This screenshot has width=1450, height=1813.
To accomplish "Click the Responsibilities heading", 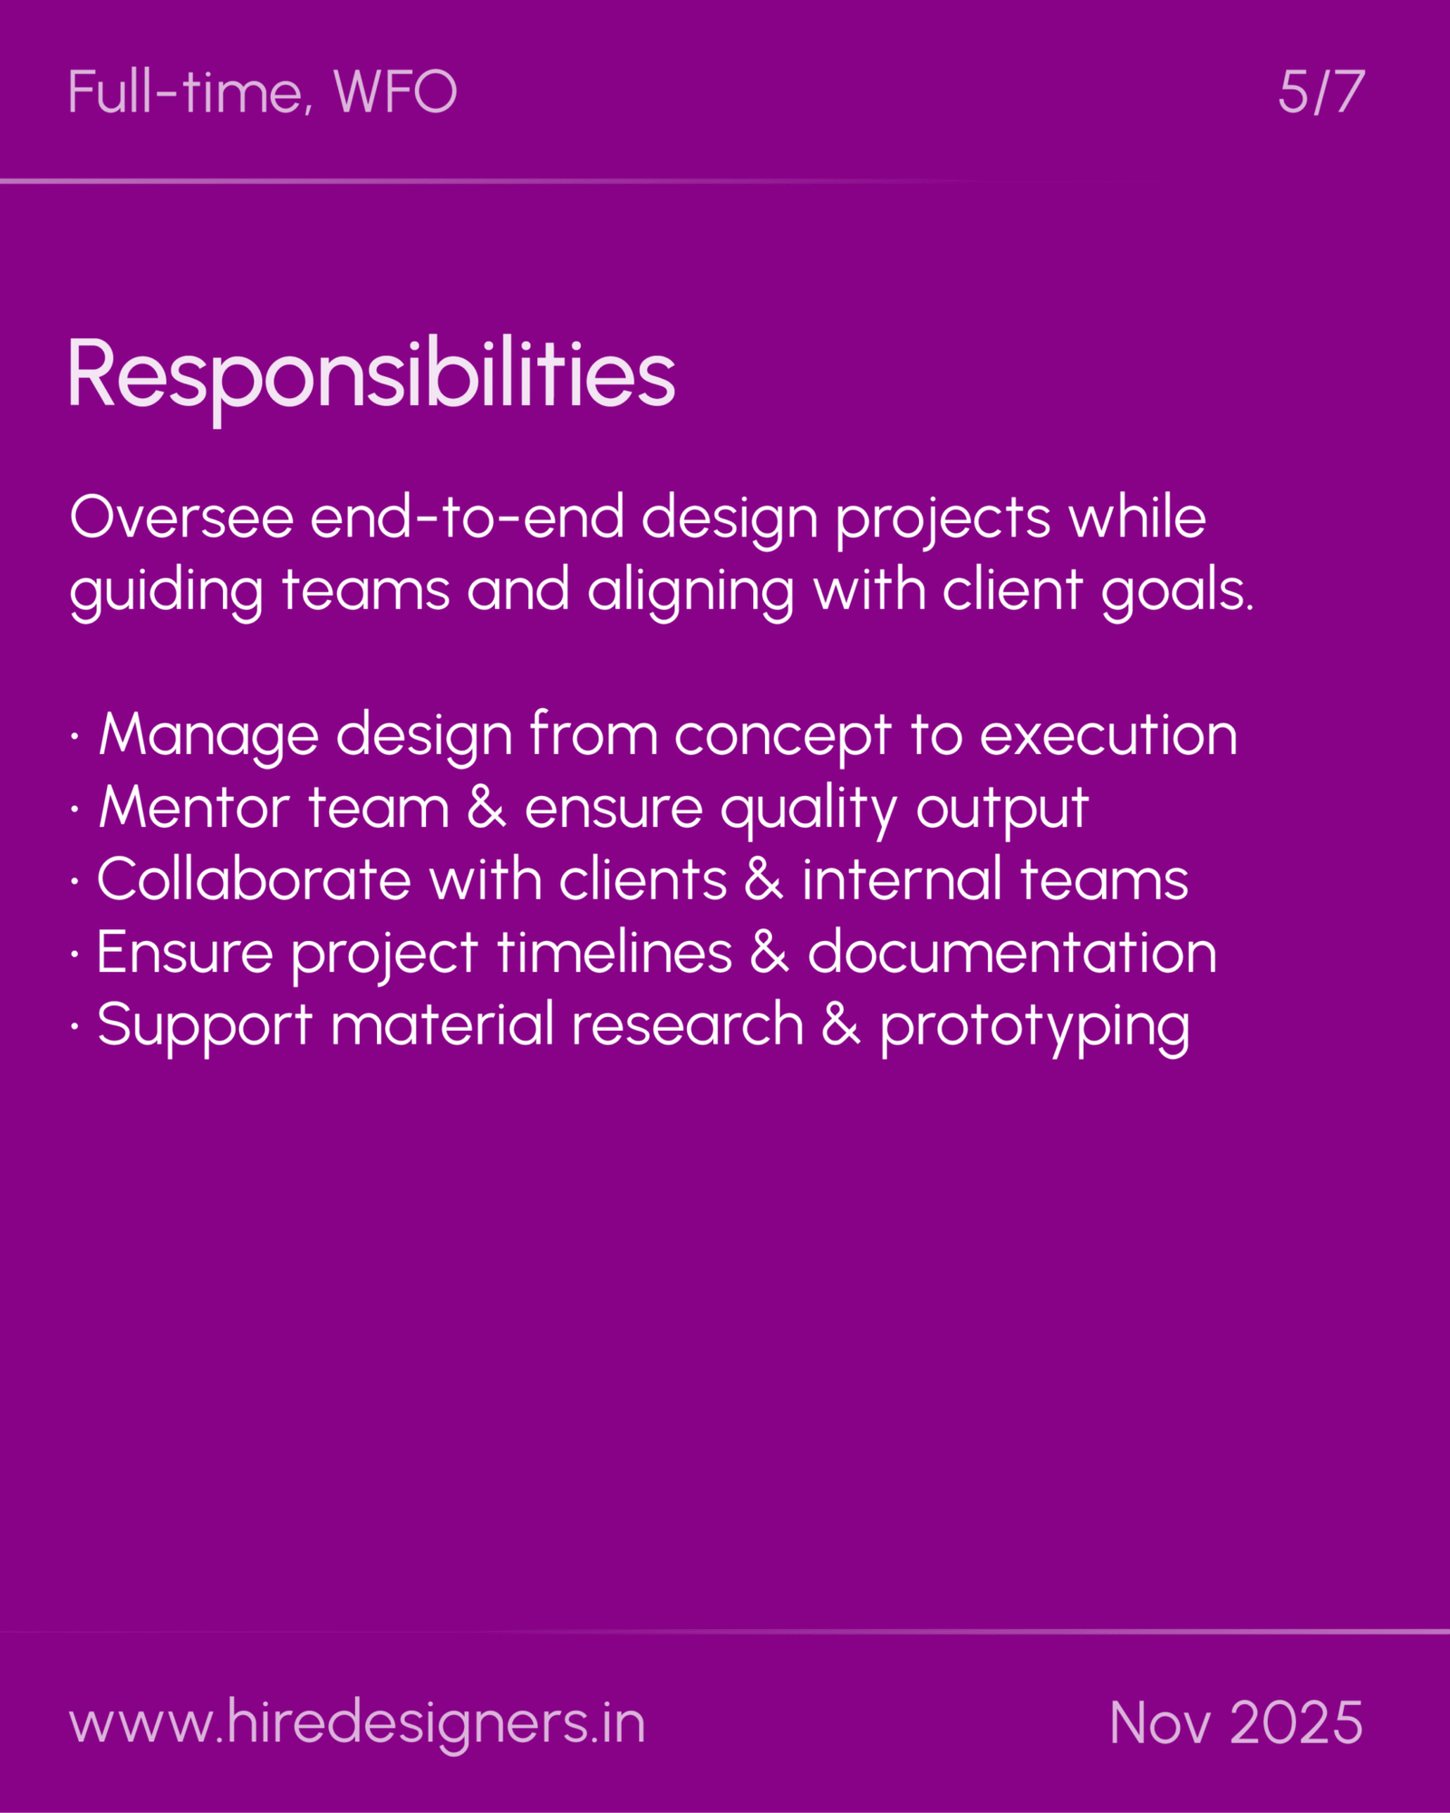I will tap(372, 374).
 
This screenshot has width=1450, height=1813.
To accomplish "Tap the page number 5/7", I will tap(1320, 92).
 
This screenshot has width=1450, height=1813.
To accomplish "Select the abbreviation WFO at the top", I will tap(395, 92).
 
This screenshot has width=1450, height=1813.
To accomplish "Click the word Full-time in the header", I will tap(186, 92).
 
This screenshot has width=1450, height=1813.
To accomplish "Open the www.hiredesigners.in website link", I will tap(357, 1722).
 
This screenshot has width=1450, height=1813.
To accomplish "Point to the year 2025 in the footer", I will tap(1297, 1722).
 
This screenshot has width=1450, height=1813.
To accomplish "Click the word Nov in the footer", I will tap(1159, 1722).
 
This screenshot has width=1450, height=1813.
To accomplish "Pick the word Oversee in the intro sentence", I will tap(181, 518).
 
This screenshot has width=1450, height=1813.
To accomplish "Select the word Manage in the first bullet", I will tap(208, 735).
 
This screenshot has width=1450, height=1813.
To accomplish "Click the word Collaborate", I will tap(254, 880).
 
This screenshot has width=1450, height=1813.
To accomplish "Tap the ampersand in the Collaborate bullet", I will tap(763, 880).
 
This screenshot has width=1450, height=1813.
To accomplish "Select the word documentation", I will tap(1011, 953).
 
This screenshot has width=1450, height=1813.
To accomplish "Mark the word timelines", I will tap(614, 953).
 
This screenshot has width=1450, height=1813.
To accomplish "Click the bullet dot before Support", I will tap(75, 1026).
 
